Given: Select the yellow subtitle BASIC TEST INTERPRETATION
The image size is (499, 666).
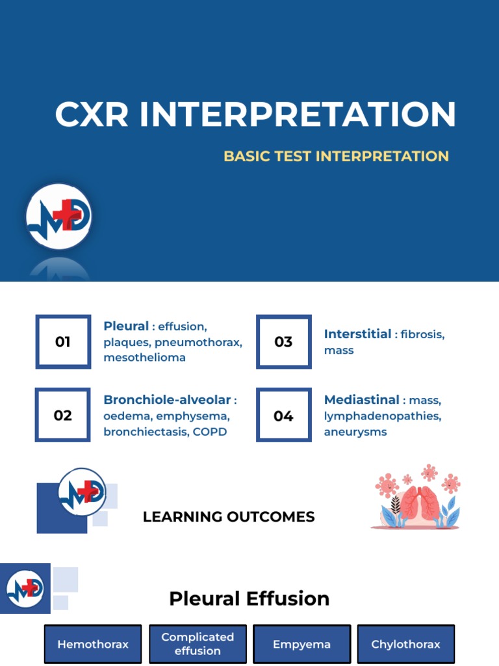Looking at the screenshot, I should point(336,156).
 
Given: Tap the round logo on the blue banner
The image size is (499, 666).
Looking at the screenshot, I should point(59,217).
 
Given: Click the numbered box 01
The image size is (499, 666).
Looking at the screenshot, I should point(63,341).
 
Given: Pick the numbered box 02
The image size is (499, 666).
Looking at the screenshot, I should point(63,415).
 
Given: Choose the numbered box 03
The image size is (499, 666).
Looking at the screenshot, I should point(284,341).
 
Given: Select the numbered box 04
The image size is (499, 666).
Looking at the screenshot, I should point(284,415).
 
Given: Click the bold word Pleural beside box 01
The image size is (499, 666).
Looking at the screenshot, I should point(126,326).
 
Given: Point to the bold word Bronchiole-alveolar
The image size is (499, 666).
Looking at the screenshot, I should point(167,399).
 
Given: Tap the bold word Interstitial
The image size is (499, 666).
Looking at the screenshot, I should point(357,334).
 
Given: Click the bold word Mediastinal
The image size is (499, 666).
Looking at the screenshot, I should point(361,399).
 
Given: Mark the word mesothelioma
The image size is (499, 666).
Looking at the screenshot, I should point(144,357).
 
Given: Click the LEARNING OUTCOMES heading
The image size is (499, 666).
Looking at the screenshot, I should point(229,517).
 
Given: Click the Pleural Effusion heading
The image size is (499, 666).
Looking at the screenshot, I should point(249,598).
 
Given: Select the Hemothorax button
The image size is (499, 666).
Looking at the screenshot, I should point(93,645).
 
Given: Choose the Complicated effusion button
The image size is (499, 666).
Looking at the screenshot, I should point(198,644).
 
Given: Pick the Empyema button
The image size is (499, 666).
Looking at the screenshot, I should point(301,645).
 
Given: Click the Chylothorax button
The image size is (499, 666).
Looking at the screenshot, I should point(405,645).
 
